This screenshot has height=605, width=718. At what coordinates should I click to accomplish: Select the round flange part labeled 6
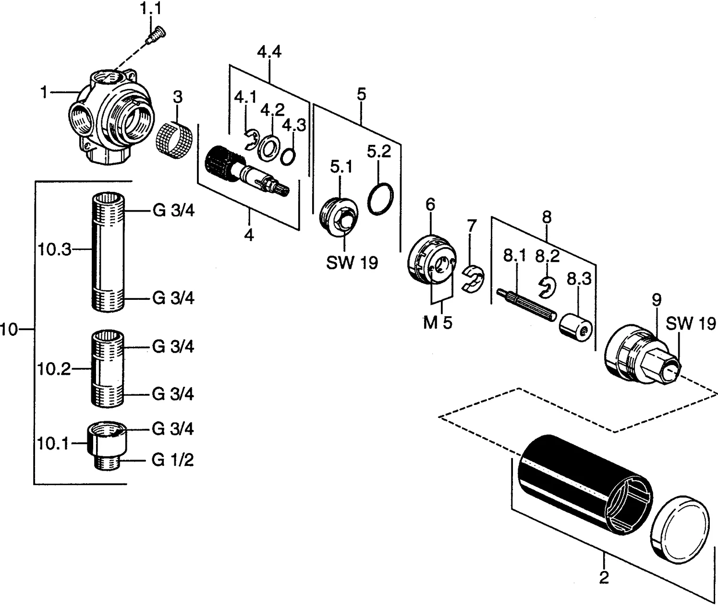[431, 260]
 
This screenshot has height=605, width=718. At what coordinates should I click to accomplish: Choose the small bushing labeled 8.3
[575, 328]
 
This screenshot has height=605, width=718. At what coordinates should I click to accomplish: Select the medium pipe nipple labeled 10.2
[107, 369]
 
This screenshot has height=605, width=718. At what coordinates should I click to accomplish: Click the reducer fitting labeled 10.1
[107, 445]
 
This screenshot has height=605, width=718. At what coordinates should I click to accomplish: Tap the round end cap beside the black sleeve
[680, 528]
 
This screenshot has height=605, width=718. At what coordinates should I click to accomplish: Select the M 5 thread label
[438, 323]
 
